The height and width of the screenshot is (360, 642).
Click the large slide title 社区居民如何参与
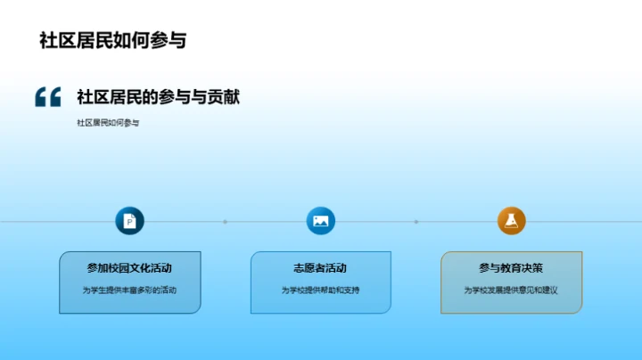point(112,41)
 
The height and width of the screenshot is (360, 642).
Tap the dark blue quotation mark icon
point(47,97)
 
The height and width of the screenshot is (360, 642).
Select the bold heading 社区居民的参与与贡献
point(158,97)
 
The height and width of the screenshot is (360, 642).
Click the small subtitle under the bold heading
point(108,123)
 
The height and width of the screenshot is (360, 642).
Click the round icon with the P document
point(129,221)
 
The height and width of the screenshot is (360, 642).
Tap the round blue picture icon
point(320,221)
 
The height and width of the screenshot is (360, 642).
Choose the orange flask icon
point(511,221)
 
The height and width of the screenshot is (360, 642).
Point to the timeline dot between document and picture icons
point(225,221)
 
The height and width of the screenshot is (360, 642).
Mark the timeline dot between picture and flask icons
point(416,221)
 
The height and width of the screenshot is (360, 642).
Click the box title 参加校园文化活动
point(129,267)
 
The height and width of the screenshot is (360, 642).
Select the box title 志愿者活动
point(320,267)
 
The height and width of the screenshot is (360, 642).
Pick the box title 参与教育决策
point(511,267)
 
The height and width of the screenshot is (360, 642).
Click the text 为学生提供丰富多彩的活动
point(129,290)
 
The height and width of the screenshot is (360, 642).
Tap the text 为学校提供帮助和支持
point(320,290)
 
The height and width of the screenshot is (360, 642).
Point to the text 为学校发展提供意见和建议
point(511,290)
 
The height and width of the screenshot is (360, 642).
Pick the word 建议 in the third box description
point(548,290)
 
